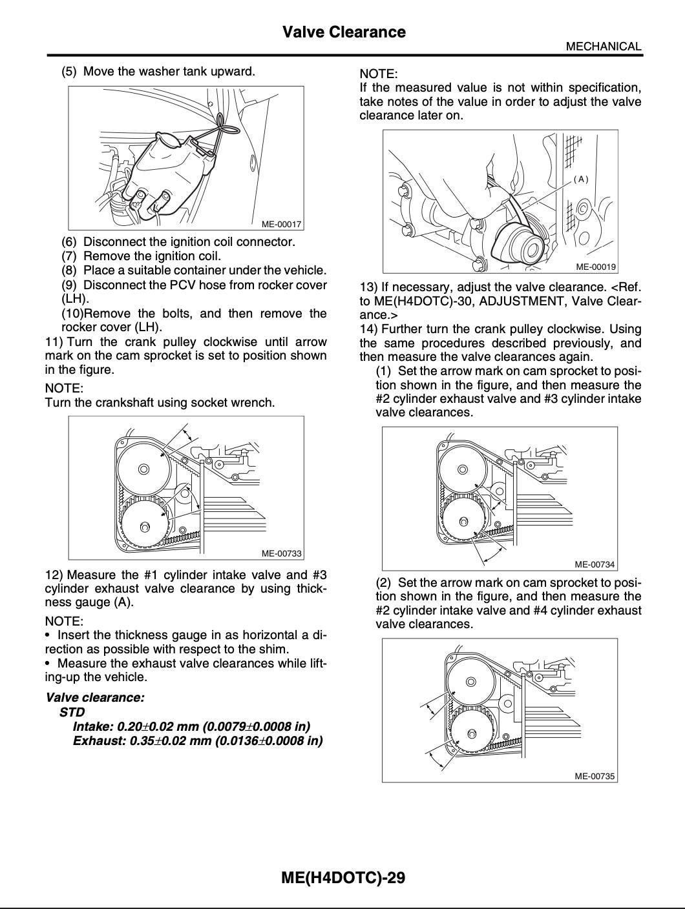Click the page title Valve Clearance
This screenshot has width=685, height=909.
coord(344,32)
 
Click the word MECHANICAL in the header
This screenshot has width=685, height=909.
coord(603,46)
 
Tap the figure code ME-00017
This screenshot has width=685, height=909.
coord(281,224)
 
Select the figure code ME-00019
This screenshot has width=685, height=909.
coord(595,267)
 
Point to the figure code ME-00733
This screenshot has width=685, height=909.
coord(281,553)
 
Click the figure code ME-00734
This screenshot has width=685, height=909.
coord(595,564)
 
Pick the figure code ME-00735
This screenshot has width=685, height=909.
coord(595,776)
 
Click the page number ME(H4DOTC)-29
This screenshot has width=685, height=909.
coord(343,877)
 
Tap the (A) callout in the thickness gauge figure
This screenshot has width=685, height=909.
coord(581,179)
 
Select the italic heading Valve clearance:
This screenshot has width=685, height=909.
coord(95,697)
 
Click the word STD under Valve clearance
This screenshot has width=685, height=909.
coord(72,712)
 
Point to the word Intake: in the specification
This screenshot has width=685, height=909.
coord(93,726)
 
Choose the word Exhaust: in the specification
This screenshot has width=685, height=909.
coord(100,740)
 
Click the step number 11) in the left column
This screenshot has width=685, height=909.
coord(54,342)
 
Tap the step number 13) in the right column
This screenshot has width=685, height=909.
coord(369,287)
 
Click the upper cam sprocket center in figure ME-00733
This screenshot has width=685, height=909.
coord(143,469)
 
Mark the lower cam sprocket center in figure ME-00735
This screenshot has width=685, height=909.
coord(471,733)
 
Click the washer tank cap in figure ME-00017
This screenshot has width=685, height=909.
coord(167,138)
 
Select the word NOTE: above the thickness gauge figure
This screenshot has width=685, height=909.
coord(379,74)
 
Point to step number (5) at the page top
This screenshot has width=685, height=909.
coord(69,71)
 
